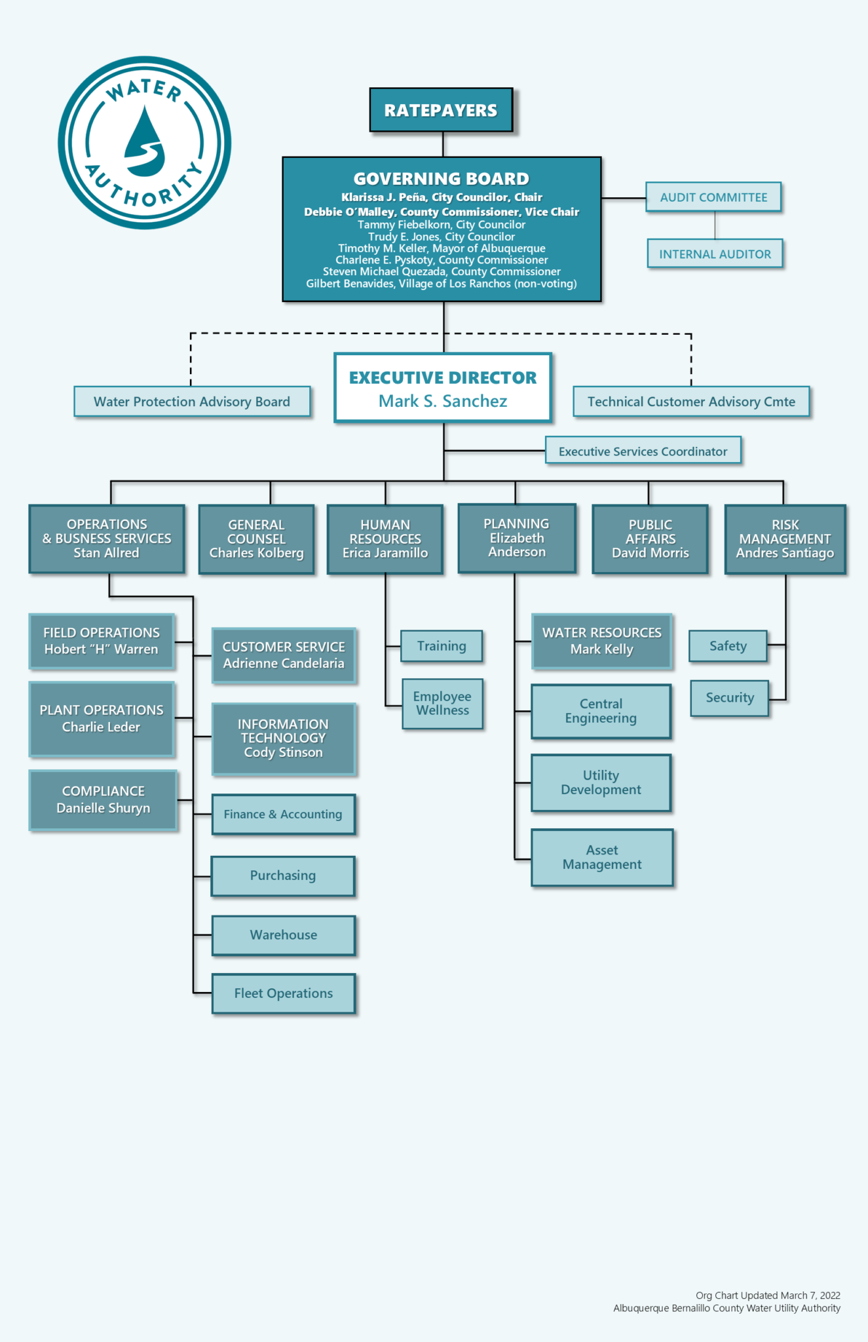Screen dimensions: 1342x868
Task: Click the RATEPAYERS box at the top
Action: pos(441,110)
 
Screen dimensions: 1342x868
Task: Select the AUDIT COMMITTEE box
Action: pos(713,197)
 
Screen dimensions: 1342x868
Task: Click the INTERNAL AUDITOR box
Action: pos(715,254)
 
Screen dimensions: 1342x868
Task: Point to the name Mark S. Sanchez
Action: pos(443,401)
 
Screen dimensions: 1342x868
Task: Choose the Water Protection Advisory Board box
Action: pos(192,402)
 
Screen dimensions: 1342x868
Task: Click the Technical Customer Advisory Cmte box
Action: pos(691,402)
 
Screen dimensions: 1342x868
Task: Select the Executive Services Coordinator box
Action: pos(643,451)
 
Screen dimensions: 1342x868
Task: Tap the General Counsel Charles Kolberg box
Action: pos(256,539)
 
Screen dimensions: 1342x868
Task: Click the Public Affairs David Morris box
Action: pos(650,539)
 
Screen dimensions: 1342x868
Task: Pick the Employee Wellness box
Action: pos(443,704)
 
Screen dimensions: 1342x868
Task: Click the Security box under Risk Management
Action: pos(729,698)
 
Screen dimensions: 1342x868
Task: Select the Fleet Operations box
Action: pos(283,993)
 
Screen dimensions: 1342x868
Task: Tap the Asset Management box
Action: pos(602,858)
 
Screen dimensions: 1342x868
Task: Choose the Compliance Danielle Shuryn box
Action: pos(103,800)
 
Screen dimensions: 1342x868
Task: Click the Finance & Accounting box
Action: pos(283,815)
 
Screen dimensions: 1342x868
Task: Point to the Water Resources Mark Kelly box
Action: pos(601,642)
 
